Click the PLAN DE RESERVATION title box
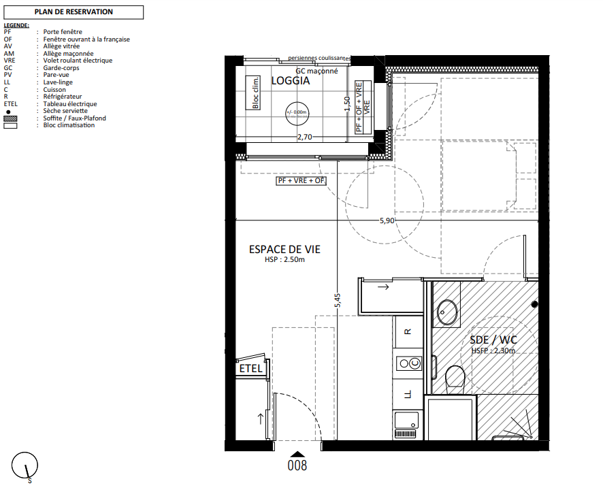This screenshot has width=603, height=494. click(74, 12)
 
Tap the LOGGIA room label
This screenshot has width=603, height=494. click(291, 81)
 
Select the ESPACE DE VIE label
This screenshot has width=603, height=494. click(284, 250)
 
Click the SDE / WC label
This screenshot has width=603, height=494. click(493, 340)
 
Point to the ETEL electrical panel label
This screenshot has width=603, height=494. click(250, 368)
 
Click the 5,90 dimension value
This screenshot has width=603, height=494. click(387, 220)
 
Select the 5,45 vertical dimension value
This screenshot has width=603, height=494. click(338, 300)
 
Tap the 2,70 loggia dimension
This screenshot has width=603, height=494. click(305, 137)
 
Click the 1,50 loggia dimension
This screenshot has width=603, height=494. click(347, 104)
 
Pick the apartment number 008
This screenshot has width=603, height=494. click(297, 465)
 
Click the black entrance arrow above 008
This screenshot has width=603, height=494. click(297, 454)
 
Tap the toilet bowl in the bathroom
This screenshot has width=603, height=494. click(455, 376)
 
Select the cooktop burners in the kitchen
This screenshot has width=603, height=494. click(409, 363)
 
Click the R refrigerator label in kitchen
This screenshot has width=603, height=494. click(408, 331)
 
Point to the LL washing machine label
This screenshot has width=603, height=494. click(408, 394)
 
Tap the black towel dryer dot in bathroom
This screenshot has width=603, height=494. click(534, 304)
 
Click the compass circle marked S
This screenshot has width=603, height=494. click(25, 465)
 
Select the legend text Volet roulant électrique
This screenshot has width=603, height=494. click(78, 61)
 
